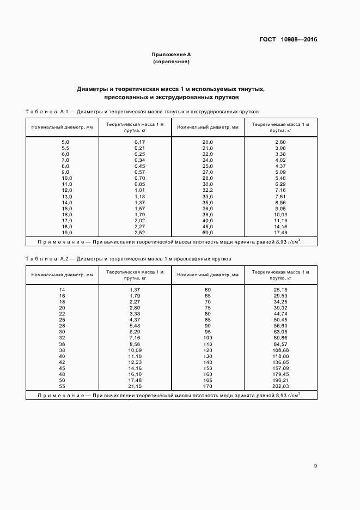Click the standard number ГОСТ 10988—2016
click(288, 39)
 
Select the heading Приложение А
click(171, 54)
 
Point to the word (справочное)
click(171, 62)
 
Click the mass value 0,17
click(139, 142)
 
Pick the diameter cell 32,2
click(208, 190)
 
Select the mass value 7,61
click(280, 196)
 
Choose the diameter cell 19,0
click(66, 233)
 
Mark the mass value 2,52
click(139, 233)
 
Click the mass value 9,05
click(280, 208)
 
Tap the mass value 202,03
click(280, 386)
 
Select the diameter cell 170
click(208, 386)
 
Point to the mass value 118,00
click(280, 356)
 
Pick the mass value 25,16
click(280, 289)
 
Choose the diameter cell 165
click(208, 380)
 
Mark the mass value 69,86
click(280, 338)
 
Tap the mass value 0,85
click(139, 184)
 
